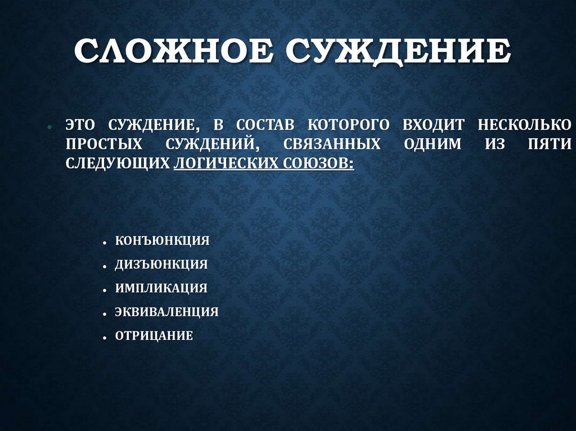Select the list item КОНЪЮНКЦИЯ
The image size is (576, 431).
tap(162, 241)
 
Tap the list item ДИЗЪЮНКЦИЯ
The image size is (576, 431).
tap(161, 264)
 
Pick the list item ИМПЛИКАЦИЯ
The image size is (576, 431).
tap(161, 288)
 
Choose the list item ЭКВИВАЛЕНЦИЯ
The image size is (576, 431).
tap(166, 312)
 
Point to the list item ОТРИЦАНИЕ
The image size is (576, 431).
tap(154, 336)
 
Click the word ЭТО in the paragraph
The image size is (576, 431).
tap(81, 124)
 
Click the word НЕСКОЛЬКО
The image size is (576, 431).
tap(525, 124)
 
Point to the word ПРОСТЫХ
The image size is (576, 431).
tap(103, 144)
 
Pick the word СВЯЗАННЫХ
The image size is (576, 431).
tap(332, 144)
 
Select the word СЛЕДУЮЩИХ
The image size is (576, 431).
tap(117, 164)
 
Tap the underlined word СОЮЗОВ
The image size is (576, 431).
tap(317, 164)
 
